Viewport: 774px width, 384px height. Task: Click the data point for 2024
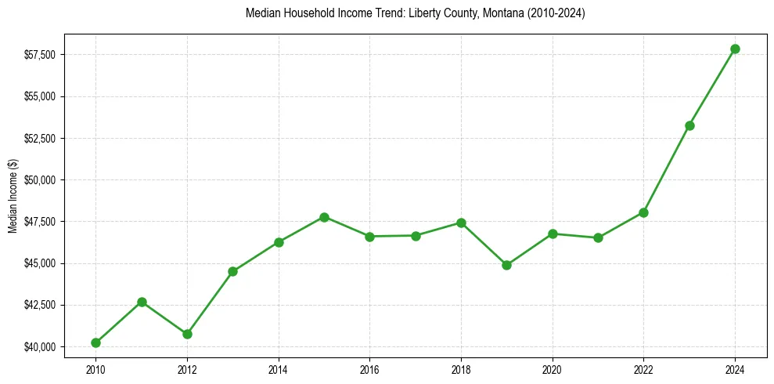(735, 49)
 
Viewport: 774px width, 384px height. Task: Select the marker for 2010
(95, 342)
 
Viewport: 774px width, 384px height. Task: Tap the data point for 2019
(506, 265)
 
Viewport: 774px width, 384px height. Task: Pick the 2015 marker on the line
(324, 217)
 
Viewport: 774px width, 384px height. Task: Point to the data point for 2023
(689, 125)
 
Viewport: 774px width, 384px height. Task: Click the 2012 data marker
(187, 334)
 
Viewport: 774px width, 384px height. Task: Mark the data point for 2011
(142, 302)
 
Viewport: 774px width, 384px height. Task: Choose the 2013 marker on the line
(232, 271)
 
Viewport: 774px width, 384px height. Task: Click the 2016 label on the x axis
(369, 368)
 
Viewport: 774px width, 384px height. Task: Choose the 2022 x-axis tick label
(643, 368)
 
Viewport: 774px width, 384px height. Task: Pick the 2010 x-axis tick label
(95, 368)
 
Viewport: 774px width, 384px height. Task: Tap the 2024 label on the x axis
(735, 368)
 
